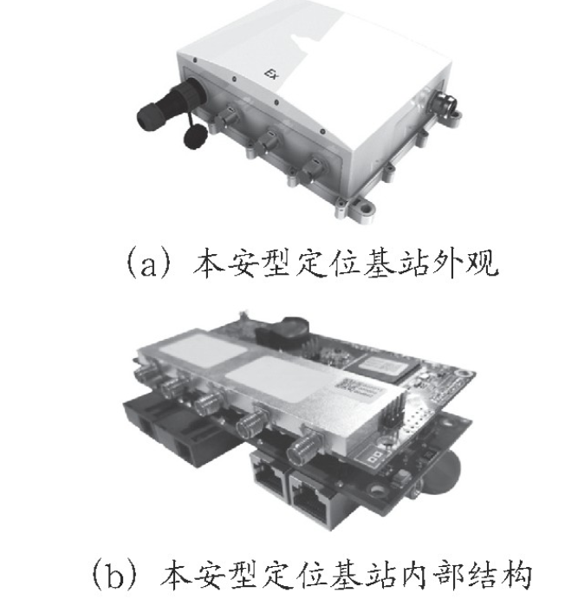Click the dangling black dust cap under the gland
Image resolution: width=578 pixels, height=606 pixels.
tap(195, 136)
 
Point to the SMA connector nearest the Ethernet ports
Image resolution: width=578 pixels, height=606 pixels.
tap(302, 447)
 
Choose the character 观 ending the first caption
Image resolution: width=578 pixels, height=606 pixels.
tap(482, 264)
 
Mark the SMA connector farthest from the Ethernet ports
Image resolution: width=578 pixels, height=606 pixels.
tap(145, 373)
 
